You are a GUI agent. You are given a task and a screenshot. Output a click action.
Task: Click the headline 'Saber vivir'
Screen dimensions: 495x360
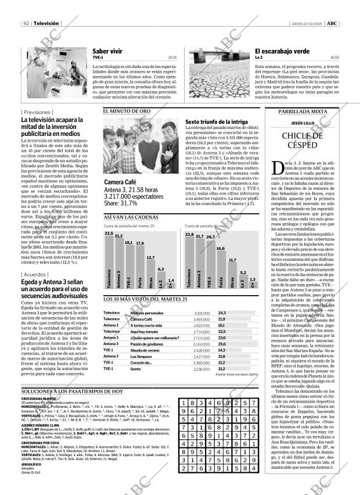(x=107, y=51)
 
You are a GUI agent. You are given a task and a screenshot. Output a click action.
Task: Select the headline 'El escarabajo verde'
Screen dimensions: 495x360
(x=282, y=51)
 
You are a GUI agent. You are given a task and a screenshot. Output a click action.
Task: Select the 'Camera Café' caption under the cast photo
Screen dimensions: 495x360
(x=120, y=182)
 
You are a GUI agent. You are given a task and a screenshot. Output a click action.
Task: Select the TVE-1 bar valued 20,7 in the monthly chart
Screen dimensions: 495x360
(x=211, y=264)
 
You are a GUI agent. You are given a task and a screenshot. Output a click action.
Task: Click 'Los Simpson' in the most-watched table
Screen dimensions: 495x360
(x=141, y=356)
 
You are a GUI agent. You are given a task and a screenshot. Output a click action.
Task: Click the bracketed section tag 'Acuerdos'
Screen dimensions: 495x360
(x=34, y=275)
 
